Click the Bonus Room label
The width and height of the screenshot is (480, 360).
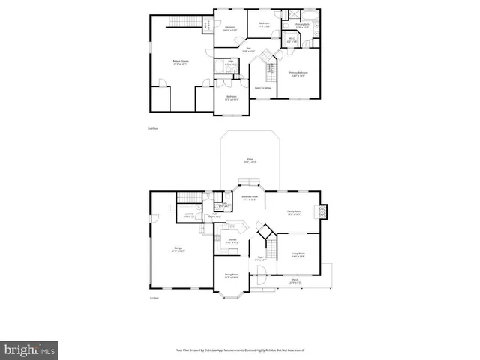pyautogui.click(x=179, y=63)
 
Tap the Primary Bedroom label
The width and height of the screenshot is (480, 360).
pyautogui.click(x=298, y=73)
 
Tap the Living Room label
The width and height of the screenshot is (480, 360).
pyautogui.click(x=298, y=254)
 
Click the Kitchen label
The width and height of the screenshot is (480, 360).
pyautogui.click(x=232, y=241)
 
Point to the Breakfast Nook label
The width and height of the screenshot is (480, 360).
pyautogui.click(x=250, y=199)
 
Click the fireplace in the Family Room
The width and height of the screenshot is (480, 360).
pyautogui.click(x=323, y=212)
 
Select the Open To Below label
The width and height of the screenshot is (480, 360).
pyautogui.click(x=263, y=88)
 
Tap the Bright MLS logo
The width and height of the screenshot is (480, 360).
pyautogui.click(x=30, y=349)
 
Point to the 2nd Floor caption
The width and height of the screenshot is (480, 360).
pyautogui.click(x=153, y=129)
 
